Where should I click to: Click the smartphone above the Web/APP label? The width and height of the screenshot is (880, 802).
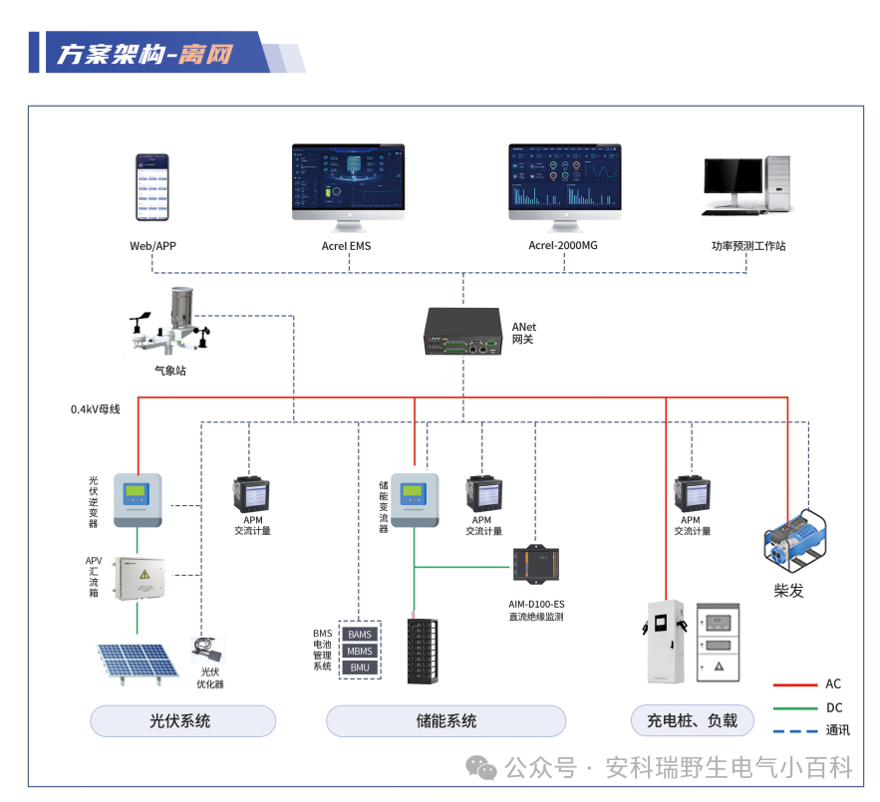pos(152,187)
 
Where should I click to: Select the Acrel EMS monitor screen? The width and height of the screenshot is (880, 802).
pos(348,178)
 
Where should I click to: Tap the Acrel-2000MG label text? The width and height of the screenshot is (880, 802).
pos(563,245)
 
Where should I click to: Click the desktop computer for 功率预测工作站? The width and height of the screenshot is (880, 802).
pos(747,184)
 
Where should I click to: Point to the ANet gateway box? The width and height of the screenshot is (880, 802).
pos(463,332)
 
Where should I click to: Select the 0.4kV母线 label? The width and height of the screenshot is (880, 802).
pos(95,409)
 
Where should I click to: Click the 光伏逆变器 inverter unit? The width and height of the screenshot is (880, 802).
pos(137,498)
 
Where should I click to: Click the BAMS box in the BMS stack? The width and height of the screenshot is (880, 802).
pos(360,635)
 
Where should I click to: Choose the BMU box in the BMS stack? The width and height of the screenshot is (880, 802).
pos(360,667)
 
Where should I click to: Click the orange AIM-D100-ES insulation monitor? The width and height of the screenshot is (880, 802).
pos(537,565)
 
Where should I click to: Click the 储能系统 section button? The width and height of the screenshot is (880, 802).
pos(445,720)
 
